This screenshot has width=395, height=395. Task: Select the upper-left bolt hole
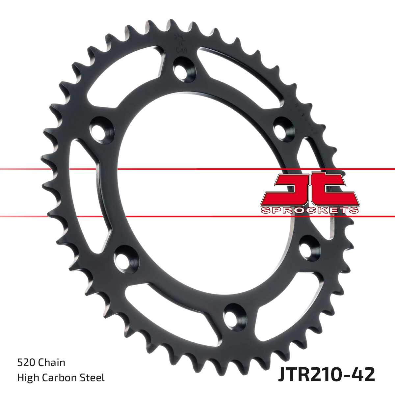(101, 129)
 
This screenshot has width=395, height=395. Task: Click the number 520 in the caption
(26, 362)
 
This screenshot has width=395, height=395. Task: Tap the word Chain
(52, 362)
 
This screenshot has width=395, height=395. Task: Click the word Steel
(94, 377)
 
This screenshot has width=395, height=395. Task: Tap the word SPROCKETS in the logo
(309, 210)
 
